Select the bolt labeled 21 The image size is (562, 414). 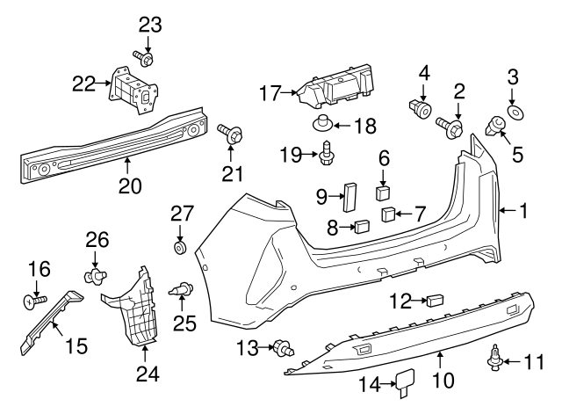click(230, 134)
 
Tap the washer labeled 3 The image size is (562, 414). click(514, 113)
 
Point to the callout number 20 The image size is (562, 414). click(128, 186)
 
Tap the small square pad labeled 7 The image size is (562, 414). click(388, 214)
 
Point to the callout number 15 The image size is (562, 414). click(76, 346)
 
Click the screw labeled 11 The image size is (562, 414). click(495, 359)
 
